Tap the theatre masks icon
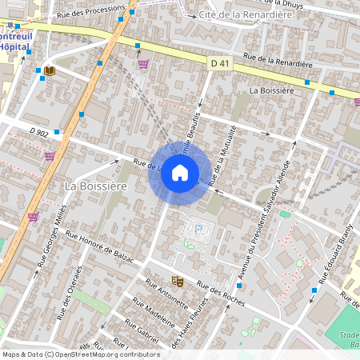pos(178,282)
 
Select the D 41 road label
pos(221,63)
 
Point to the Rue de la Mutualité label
pos(223,156)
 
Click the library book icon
pos(50,71)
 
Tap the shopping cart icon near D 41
pos(143,64)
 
